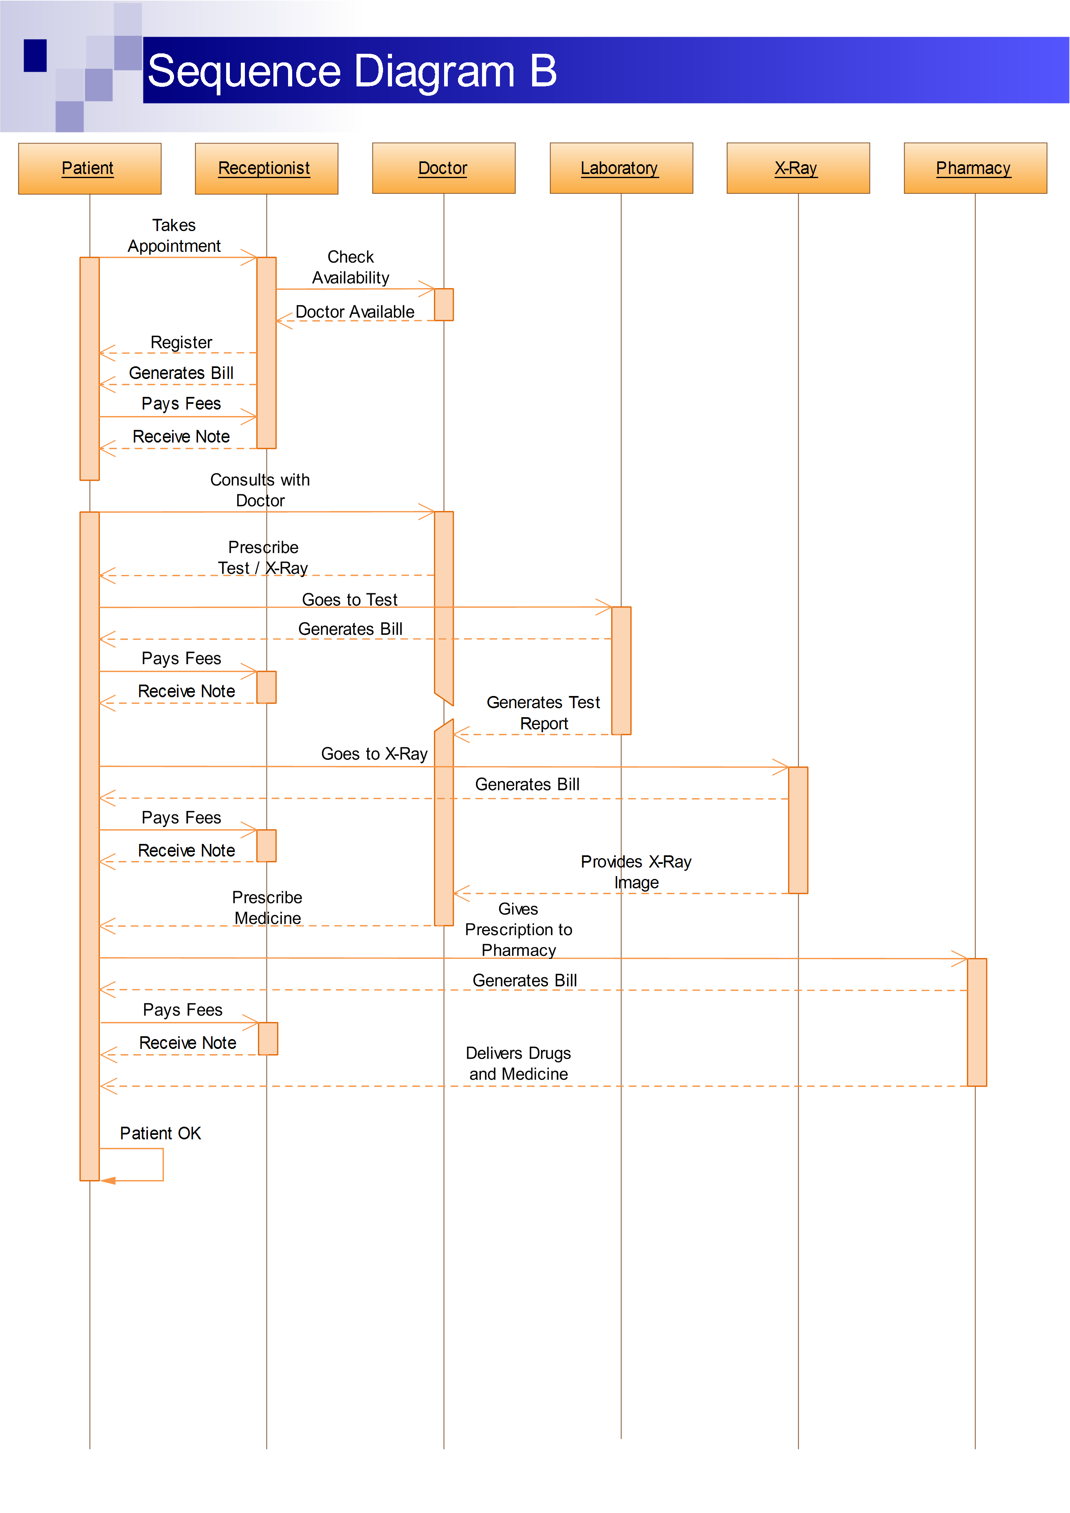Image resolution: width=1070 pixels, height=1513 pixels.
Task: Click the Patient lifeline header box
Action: coord(90,169)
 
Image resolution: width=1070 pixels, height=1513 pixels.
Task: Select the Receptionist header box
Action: coord(266,169)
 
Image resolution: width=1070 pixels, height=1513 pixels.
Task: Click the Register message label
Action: coord(181,343)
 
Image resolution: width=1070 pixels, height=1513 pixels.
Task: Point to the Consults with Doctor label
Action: coord(260,490)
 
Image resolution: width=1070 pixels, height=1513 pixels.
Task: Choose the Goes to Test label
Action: coord(350,600)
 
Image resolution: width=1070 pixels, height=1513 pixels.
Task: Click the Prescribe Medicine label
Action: coord(267,907)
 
